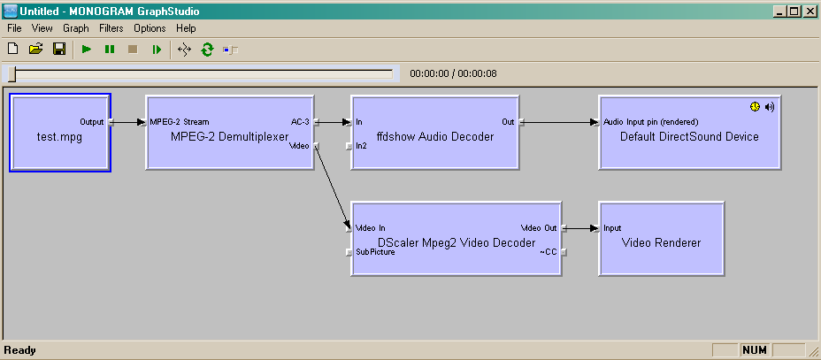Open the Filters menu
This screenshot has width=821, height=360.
[111, 28]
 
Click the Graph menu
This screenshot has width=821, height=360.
[76, 28]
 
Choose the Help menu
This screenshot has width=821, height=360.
[186, 28]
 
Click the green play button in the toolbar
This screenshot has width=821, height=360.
[87, 50]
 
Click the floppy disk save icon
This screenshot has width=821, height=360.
[59, 50]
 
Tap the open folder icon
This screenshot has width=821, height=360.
[35, 50]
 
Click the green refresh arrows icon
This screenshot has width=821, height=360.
[207, 50]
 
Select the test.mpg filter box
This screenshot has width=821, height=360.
[60, 133]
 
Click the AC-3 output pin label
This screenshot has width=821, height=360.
[300, 122]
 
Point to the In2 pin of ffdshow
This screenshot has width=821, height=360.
[361, 146]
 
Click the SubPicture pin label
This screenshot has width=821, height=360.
[375, 252]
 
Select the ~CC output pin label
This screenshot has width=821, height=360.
[549, 252]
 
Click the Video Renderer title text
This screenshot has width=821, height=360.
[661, 242]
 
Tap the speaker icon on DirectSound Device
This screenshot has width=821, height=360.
[769, 107]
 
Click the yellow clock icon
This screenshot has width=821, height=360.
[755, 107]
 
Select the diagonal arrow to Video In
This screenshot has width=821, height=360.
[333, 187]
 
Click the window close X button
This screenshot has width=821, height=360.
[809, 11]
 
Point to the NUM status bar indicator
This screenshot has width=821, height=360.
[755, 350]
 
